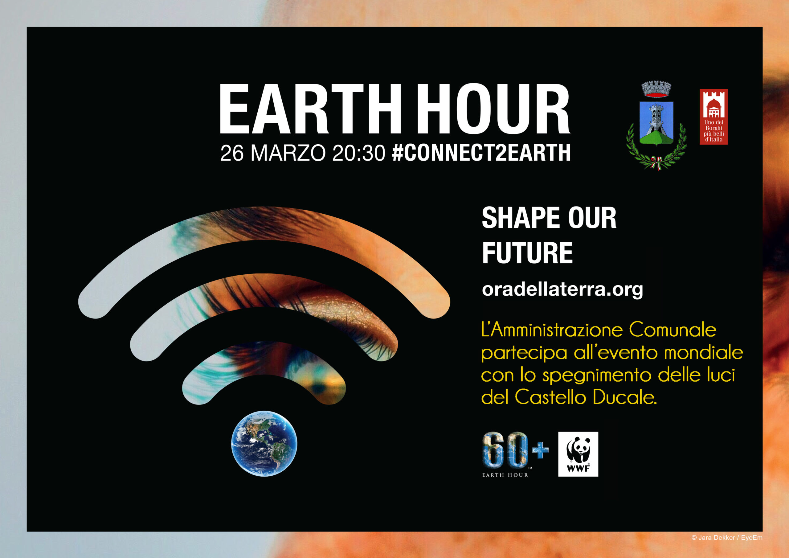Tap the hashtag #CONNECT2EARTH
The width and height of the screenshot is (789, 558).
[481, 153]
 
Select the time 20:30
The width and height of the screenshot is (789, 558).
[359, 153]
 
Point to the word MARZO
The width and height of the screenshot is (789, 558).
[288, 153]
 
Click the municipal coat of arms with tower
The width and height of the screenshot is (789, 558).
[656, 126]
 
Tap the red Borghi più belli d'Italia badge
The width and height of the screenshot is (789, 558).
[714, 117]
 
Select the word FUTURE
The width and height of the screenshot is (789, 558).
[527, 253]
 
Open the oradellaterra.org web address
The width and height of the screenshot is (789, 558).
[562, 289]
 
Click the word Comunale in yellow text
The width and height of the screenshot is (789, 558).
[672, 330]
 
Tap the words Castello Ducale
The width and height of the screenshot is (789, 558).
[586, 397]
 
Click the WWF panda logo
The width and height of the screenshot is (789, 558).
[578, 454]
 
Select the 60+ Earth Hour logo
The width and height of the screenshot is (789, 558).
[515, 454]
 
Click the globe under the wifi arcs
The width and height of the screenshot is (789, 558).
[264, 444]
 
